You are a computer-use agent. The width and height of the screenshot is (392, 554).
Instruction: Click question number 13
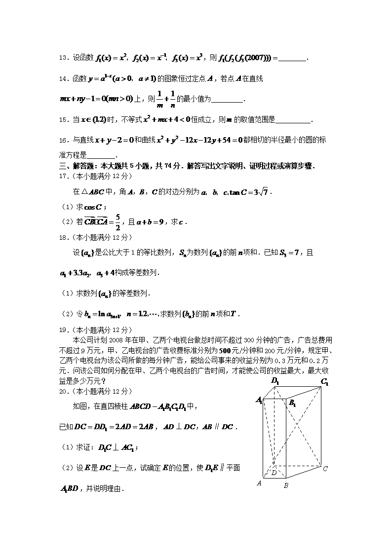[63, 58]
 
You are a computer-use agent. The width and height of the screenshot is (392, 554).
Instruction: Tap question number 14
[63, 79]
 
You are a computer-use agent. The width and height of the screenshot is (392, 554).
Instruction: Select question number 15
[63, 119]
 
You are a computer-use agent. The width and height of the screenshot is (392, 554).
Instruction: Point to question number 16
[63, 140]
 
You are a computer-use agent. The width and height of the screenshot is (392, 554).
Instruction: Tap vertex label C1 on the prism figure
[324, 381]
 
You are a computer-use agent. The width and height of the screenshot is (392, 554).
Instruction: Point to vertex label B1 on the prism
[292, 404]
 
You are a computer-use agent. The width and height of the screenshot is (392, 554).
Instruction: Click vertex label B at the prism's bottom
[285, 486]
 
